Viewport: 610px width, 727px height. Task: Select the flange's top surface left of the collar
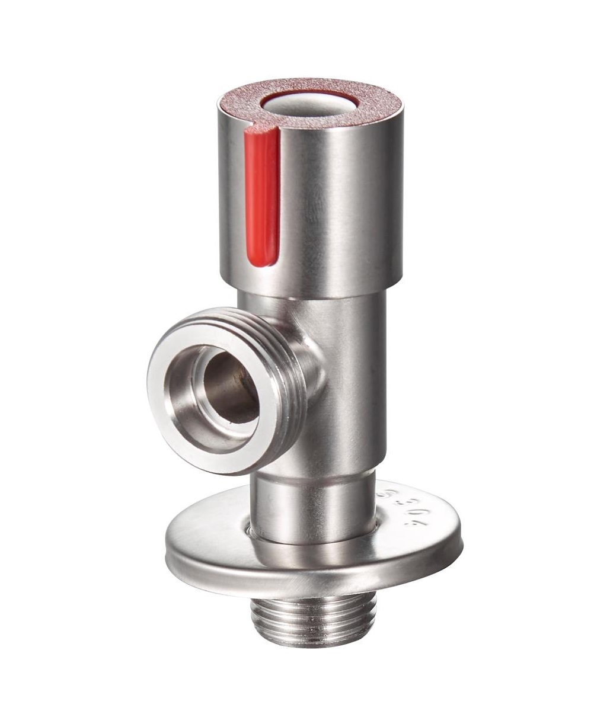pyautogui.click(x=207, y=533)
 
